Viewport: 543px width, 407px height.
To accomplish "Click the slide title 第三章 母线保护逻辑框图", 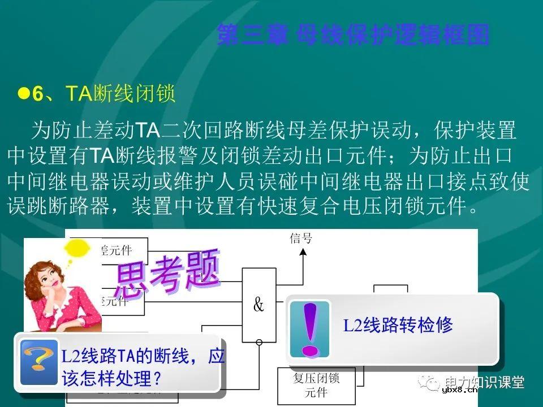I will [x=353, y=35].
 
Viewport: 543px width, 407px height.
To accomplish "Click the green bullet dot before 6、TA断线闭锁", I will [x=23, y=93].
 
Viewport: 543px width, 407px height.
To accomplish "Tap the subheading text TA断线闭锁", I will [x=120, y=94].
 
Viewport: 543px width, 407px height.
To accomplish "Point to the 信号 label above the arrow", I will [x=300, y=238].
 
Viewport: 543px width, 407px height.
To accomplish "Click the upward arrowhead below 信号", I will [x=303, y=253].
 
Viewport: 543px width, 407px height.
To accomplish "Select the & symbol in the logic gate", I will [x=258, y=306].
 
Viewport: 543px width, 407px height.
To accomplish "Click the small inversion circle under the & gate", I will [x=259, y=342].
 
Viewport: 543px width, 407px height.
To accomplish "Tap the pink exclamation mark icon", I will [x=309, y=329].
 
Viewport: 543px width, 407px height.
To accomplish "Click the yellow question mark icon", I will [x=38, y=362].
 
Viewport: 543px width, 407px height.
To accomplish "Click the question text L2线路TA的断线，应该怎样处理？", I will [x=141, y=367].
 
